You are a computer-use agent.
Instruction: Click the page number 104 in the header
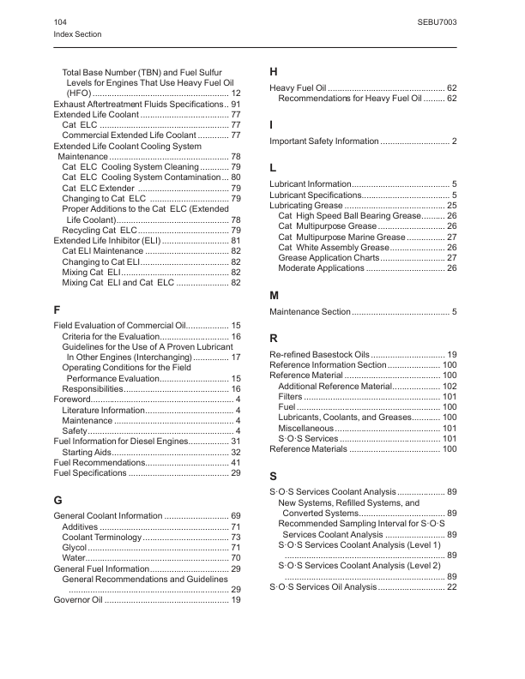60,20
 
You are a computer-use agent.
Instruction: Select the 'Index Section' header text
77,34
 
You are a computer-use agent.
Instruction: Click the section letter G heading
58,498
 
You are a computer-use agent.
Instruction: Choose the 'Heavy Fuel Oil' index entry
298,88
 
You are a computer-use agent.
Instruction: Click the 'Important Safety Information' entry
323,141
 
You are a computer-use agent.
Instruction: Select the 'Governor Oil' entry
78,600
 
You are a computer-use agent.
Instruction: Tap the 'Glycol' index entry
75,547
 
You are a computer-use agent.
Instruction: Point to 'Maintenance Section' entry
310,311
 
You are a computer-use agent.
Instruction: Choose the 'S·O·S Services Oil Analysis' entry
322,587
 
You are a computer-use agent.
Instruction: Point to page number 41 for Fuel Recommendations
235,462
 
